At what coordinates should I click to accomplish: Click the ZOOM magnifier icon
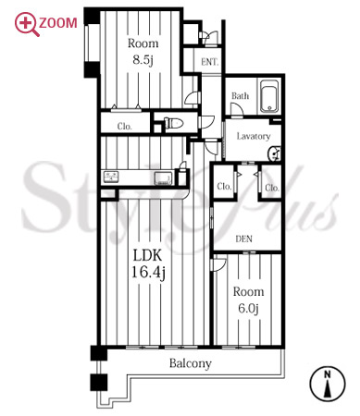click(27, 24)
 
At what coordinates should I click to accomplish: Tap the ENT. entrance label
click(209, 62)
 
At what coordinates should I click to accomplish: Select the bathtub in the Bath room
click(269, 96)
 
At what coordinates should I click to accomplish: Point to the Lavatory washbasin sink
click(275, 153)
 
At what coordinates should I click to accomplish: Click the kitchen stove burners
click(111, 177)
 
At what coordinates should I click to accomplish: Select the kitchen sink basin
click(164, 178)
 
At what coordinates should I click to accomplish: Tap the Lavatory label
click(254, 136)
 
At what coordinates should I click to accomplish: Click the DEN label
click(243, 239)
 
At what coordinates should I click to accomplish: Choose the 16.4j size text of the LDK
click(149, 272)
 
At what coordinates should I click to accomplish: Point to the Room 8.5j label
click(143, 52)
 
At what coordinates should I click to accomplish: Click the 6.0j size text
click(248, 308)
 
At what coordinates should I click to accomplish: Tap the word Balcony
click(191, 363)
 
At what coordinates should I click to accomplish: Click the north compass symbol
click(328, 385)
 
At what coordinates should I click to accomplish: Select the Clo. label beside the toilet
click(125, 127)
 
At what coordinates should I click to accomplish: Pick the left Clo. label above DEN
click(224, 187)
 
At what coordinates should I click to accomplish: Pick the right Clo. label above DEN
click(272, 188)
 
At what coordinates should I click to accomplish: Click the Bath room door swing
click(237, 109)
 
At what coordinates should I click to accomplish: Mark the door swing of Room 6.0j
click(218, 265)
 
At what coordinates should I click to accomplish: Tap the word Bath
click(240, 96)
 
